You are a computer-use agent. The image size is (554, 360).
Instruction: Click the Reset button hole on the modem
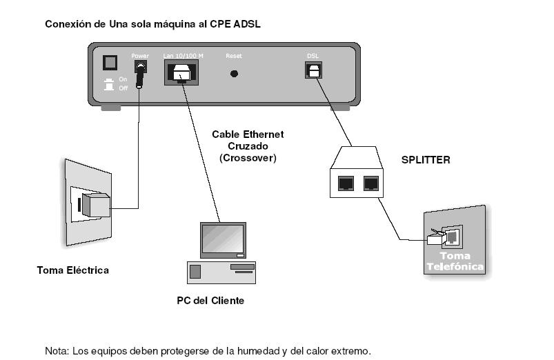click(234, 73)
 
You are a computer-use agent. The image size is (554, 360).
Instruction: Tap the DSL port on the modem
click(313, 70)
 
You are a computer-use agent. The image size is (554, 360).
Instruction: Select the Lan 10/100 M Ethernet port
click(182, 72)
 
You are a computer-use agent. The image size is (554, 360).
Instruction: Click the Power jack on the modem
click(141, 70)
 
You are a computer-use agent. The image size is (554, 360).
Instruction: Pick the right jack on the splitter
click(372, 183)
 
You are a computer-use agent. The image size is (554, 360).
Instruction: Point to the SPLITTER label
click(426, 159)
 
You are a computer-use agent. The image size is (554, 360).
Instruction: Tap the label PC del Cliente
click(210, 301)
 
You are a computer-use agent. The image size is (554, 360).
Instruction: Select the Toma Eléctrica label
click(72, 270)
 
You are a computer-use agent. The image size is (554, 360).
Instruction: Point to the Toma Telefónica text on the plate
click(455, 261)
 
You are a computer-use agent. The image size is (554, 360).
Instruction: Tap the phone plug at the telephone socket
click(436, 239)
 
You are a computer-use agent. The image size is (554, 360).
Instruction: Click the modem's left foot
click(110, 108)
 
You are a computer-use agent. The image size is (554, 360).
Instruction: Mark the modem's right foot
click(340, 108)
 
